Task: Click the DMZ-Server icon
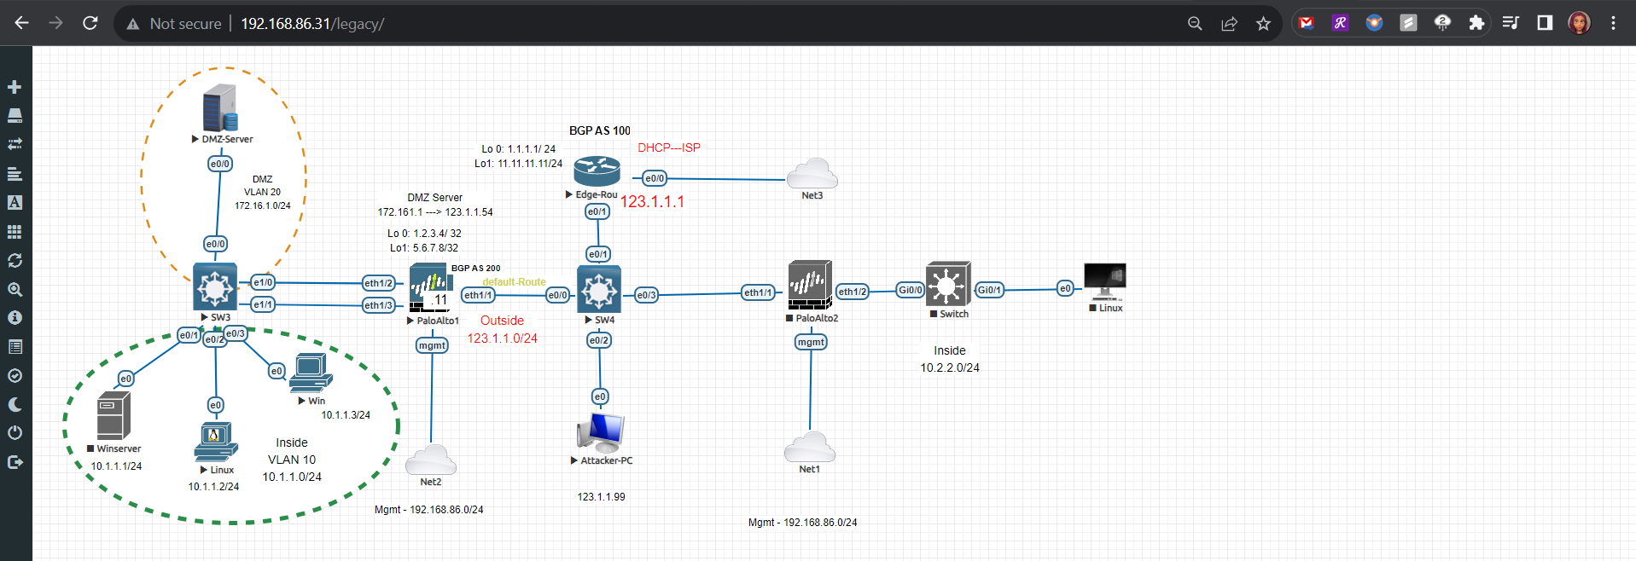(x=220, y=108)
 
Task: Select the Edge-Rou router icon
(x=597, y=171)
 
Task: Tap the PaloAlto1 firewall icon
(x=430, y=289)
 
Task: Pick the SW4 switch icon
(x=599, y=289)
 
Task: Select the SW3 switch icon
(x=215, y=286)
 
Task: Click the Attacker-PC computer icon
(x=601, y=432)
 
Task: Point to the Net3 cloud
(x=812, y=175)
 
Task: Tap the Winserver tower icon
(x=114, y=416)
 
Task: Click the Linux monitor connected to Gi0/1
(x=1104, y=280)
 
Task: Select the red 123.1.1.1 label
(x=652, y=202)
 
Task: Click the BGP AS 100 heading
(x=600, y=130)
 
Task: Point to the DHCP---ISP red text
(x=669, y=147)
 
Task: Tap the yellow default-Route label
(x=514, y=282)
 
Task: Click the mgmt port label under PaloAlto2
(x=811, y=342)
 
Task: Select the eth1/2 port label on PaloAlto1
(x=378, y=283)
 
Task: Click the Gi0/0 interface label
(x=910, y=290)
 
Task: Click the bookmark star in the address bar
(x=1263, y=24)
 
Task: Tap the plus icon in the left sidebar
(x=15, y=87)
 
